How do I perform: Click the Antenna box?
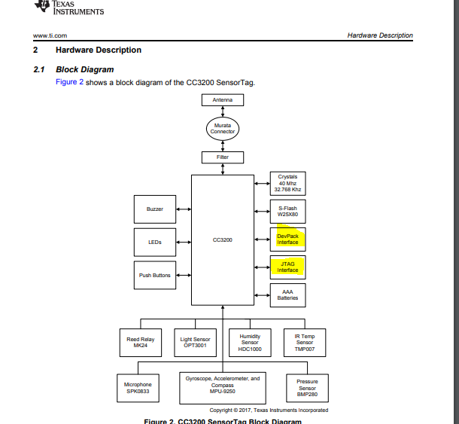(x=223, y=100)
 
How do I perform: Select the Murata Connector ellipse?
(x=223, y=129)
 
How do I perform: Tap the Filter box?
(x=223, y=157)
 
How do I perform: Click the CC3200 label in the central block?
(x=223, y=239)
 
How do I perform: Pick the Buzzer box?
(x=155, y=209)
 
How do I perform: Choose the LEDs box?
(x=155, y=243)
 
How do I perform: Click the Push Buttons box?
(x=155, y=275)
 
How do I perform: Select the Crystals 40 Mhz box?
(x=287, y=184)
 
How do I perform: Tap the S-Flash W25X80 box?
(x=287, y=212)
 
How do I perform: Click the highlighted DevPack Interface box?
(x=287, y=239)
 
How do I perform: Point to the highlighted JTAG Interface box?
(x=287, y=267)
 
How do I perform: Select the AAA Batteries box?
(x=287, y=295)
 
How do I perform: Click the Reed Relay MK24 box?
(x=141, y=343)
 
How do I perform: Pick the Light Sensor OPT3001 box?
(x=195, y=343)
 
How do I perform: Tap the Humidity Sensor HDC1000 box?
(x=250, y=343)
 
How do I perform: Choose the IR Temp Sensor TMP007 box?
(x=305, y=343)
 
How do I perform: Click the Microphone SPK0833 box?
(x=138, y=388)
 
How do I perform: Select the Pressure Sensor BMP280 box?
(x=307, y=388)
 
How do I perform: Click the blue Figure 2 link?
(x=70, y=82)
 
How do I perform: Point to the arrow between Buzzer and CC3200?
(x=184, y=209)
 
